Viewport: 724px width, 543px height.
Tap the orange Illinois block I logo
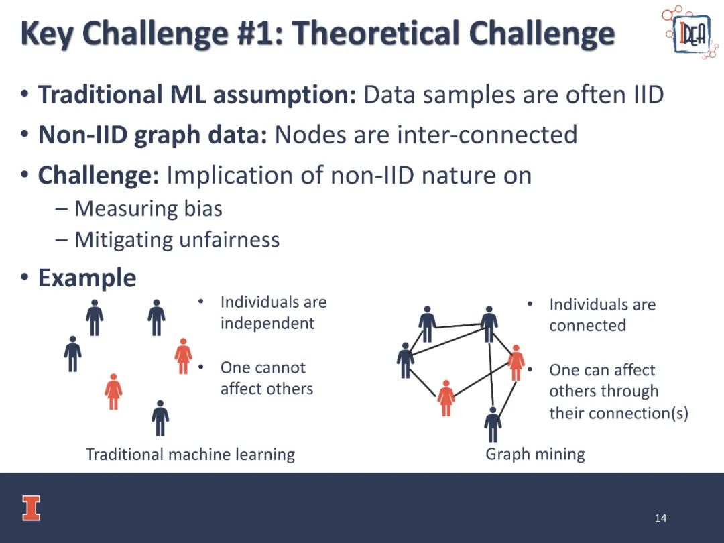pyautogui.click(x=32, y=508)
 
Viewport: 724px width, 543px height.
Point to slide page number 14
pyautogui.click(x=660, y=518)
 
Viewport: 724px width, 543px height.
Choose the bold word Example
pyautogui.click(x=86, y=278)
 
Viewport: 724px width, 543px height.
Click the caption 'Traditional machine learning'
pyautogui.click(x=190, y=455)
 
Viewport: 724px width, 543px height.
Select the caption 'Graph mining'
pyautogui.click(x=535, y=455)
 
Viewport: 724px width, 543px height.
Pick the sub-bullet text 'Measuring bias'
pyautogui.click(x=148, y=208)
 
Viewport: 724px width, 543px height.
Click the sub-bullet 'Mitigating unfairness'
pyautogui.click(x=177, y=240)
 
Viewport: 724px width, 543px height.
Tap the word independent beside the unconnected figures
pyautogui.click(x=267, y=324)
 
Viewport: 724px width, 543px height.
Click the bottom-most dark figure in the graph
pyautogui.click(x=493, y=424)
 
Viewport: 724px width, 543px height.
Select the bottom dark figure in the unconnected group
pyautogui.click(x=160, y=418)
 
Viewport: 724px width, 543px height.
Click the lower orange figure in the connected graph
pyautogui.click(x=446, y=398)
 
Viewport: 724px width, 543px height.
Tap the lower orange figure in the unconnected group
pyautogui.click(x=113, y=391)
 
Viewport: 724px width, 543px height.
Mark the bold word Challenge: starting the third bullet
pyautogui.click(x=99, y=176)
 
